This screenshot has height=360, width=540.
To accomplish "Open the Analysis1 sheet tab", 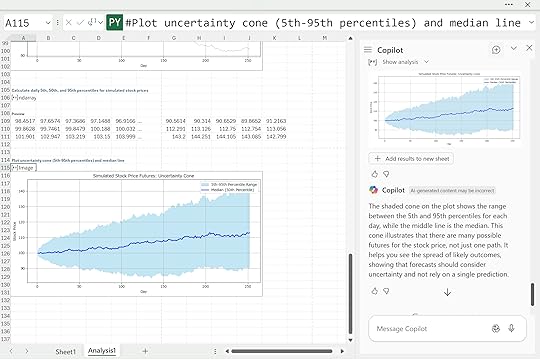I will [102, 352].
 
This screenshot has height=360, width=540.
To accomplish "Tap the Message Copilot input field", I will [425, 327].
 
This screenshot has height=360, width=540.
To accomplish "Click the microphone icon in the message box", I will [512, 327].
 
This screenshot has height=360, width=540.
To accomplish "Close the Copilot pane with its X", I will [529, 49].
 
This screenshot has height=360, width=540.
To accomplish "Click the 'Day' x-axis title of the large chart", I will [142, 291].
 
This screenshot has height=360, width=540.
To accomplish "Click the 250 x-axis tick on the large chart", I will [248, 286].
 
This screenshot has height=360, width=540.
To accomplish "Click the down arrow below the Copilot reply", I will [446, 292].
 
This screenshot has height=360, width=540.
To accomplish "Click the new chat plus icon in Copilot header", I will [496, 49].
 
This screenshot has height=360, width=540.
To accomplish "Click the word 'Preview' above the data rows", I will [18, 114].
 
